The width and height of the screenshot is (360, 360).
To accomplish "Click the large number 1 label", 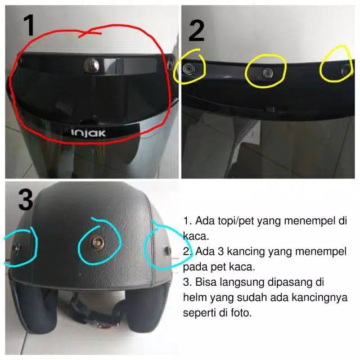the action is click(29, 25).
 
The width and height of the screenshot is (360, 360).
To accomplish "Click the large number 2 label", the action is click(196, 31).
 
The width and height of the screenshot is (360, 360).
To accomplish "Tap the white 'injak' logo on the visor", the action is click(88, 133).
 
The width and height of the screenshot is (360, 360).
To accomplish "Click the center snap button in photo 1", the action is click(92, 65).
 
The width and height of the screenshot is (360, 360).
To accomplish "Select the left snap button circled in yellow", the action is click(188, 68).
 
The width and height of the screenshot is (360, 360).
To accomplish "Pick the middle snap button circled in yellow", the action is click(268, 73).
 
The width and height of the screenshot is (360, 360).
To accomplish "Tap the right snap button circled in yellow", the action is click(345, 70).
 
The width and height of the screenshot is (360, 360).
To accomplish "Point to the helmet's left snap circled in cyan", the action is click(16, 248).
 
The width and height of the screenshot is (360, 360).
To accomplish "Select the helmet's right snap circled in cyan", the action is click(168, 250).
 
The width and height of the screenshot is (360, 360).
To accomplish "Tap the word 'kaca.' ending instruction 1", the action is click(196, 236).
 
